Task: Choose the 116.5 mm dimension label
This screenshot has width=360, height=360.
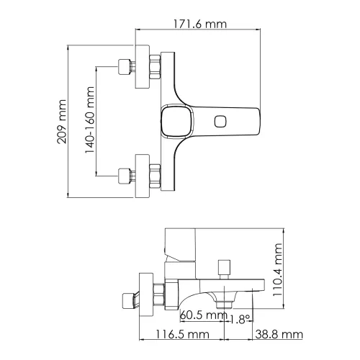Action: click(x=179, y=334)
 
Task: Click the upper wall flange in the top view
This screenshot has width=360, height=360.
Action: click(x=140, y=68)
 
